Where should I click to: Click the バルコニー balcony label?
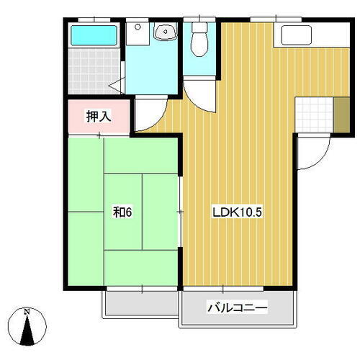pyautogui.click(x=238, y=308)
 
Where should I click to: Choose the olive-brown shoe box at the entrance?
pyautogui.click(x=341, y=112)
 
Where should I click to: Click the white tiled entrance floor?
pyautogui.click(x=314, y=113)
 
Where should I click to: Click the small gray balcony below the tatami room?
pyautogui.click(x=140, y=302)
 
